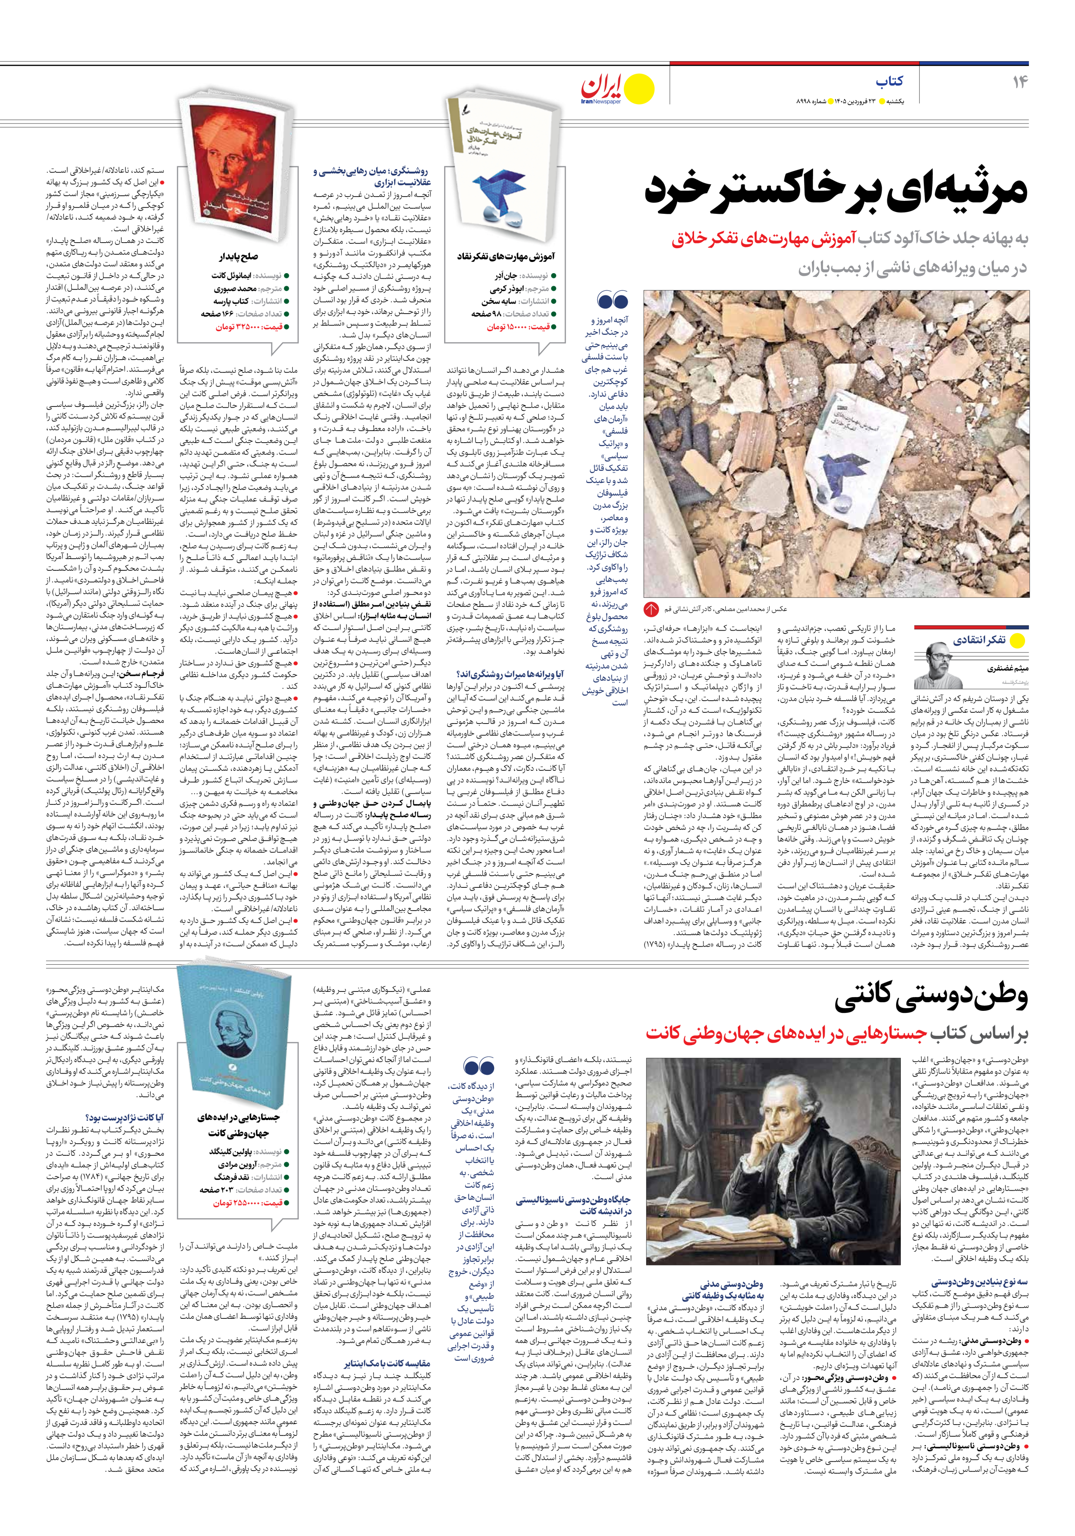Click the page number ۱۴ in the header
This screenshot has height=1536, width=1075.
pyautogui.click(x=1020, y=82)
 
